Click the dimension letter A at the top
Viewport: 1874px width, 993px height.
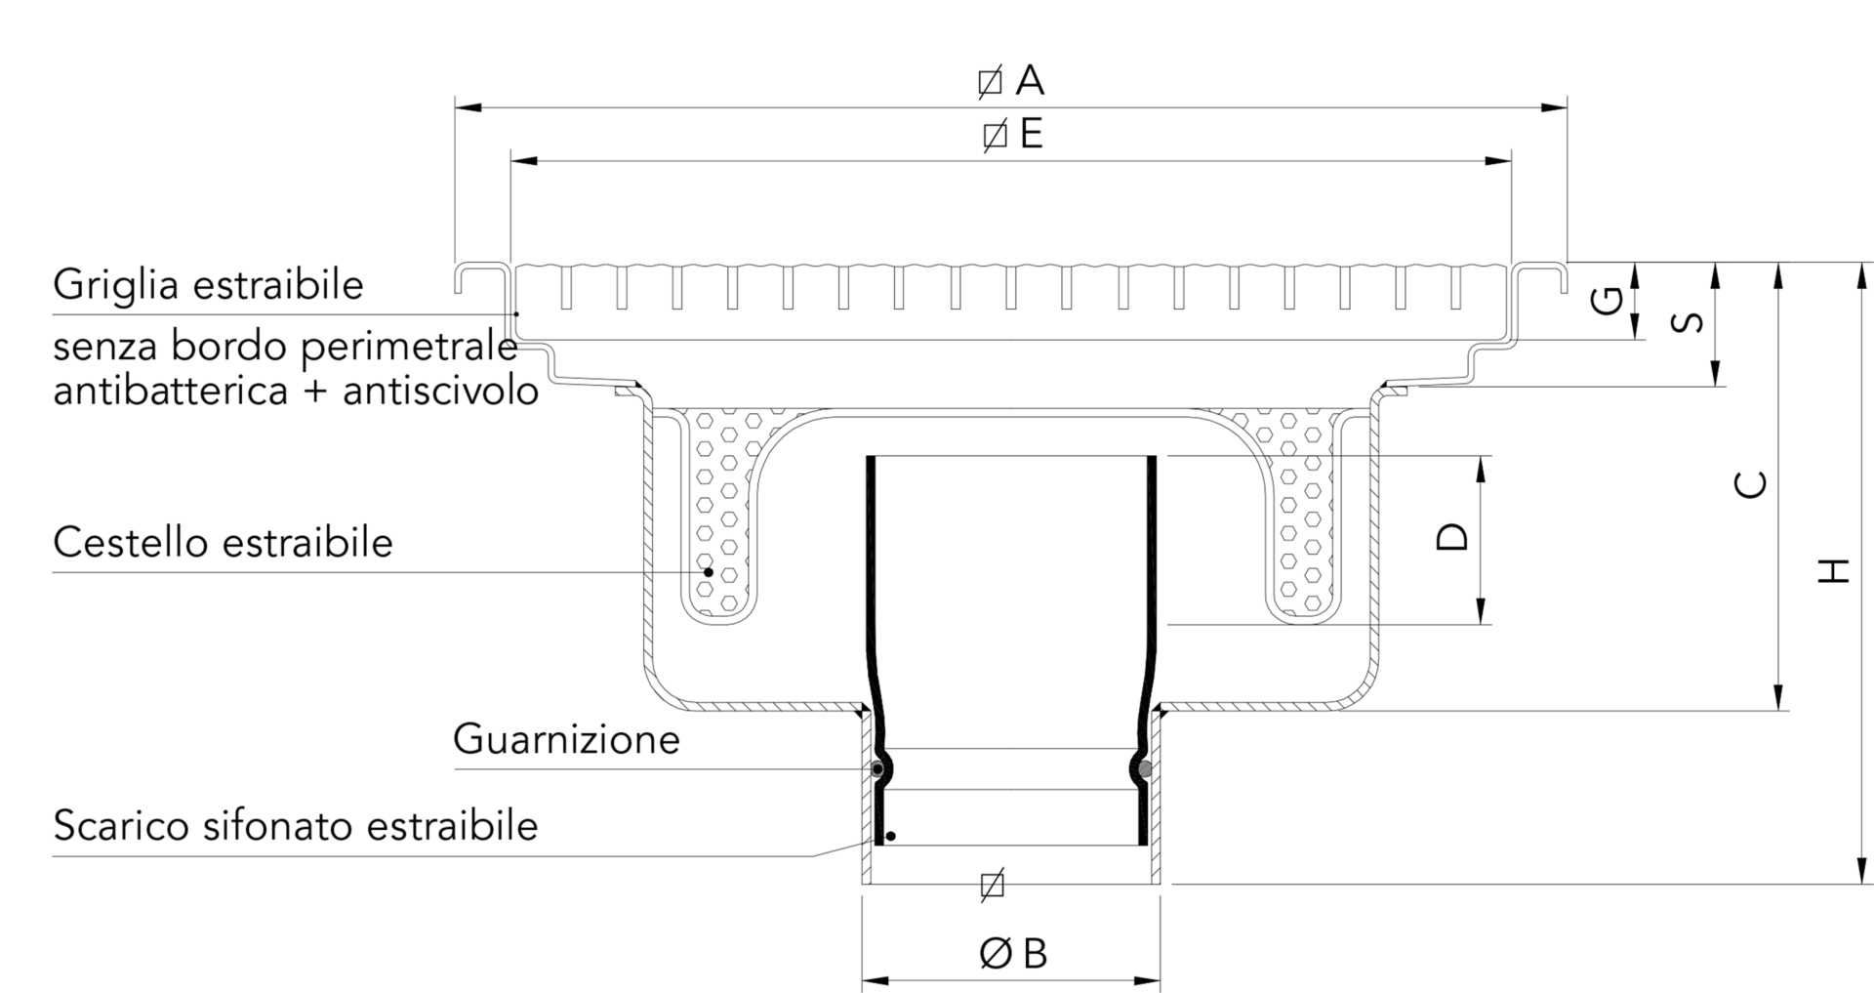coord(1030,80)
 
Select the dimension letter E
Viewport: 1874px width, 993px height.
coord(1031,134)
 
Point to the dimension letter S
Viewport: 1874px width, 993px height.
coord(1689,321)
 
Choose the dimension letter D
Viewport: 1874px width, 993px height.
coord(1453,536)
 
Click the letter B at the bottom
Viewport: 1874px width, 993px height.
coord(1035,954)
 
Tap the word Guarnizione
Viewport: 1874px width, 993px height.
coord(566,739)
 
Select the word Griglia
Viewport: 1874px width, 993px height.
coord(115,285)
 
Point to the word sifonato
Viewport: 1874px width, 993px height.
coord(276,825)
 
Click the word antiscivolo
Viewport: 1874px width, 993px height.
coord(440,392)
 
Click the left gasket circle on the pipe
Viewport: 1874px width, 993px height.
coord(877,769)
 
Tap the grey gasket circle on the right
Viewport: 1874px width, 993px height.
coord(1145,769)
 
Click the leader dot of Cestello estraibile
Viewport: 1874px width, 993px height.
coord(709,571)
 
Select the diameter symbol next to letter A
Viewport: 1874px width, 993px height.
coord(990,82)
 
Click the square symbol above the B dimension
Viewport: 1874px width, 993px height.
coord(992,885)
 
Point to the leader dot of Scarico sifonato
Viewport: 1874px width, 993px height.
coord(890,837)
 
